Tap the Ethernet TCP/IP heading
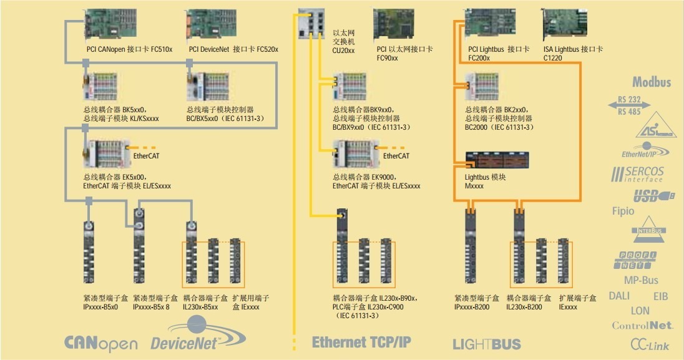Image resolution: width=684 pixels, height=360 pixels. pyautogui.click(x=361, y=342)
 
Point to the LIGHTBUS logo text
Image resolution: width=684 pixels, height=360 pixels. pyautogui.click(x=486, y=344)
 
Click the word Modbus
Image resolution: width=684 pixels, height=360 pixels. pyautogui.click(x=651, y=82)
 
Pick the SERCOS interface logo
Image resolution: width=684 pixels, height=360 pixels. pyautogui.click(x=638, y=174)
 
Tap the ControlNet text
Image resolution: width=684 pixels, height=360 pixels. pyautogui.click(x=642, y=325)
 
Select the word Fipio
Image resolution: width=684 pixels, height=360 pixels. pyautogui.click(x=623, y=211)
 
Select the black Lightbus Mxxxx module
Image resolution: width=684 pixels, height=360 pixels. pyautogui.click(x=497, y=161)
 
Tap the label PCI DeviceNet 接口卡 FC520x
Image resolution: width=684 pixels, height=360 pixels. pyautogui.click(x=233, y=49)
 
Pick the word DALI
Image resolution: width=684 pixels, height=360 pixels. pyautogui.click(x=619, y=296)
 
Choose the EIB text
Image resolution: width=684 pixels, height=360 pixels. pyautogui.click(x=660, y=296)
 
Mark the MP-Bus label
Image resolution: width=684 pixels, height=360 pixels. pyautogui.click(x=641, y=280)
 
